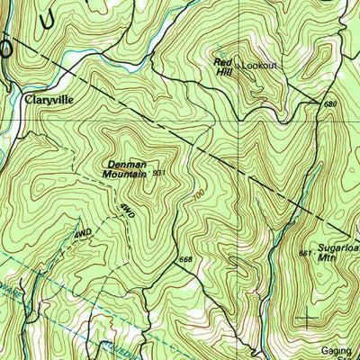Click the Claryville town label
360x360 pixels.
click(x=48, y=101)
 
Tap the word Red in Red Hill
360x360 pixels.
click(x=221, y=62)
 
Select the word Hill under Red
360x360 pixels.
click(x=224, y=72)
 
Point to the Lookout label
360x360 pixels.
click(x=259, y=67)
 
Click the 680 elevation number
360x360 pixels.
click(x=329, y=104)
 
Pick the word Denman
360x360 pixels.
click(x=127, y=165)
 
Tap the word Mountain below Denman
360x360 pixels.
click(x=125, y=175)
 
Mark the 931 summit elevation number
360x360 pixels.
click(x=159, y=172)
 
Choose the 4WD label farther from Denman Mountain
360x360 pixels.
click(x=83, y=234)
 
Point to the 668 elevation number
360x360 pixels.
click(x=186, y=260)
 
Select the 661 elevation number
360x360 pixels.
click(x=304, y=253)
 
